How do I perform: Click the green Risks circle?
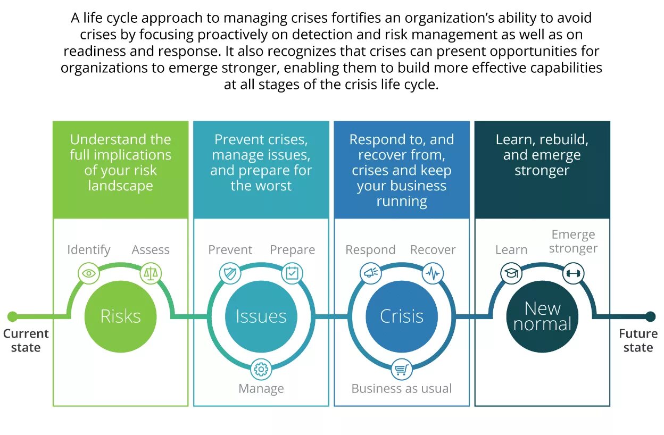tap(120, 316)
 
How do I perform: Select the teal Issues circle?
tap(261, 316)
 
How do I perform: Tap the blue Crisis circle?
tap(402, 316)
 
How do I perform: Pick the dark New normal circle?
tap(542, 316)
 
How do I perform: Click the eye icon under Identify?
tap(89, 274)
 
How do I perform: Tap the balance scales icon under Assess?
tap(151, 274)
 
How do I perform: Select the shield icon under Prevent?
tap(230, 274)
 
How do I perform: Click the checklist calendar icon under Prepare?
tap(292, 274)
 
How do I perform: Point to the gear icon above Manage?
tap(261, 369)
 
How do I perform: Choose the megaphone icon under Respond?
tap(370, 274)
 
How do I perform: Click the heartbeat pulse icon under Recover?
tap(433, 274)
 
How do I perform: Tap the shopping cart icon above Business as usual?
tap(402, 369)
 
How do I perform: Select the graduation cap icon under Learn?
tap(511, 274)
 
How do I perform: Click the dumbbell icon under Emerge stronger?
tap(574, 274)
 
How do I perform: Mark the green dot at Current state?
tap(12, 317)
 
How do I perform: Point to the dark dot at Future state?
tap(650, 317)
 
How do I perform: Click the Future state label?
tap(638, 340)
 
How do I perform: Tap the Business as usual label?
tap(402, 389)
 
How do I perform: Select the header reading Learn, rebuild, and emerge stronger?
tap(542, 155)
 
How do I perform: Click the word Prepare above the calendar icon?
tap(292, 250)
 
